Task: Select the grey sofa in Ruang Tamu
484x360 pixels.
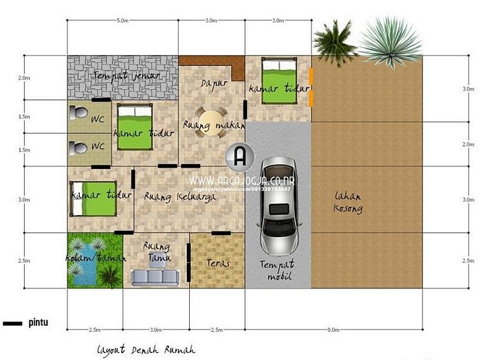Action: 155,276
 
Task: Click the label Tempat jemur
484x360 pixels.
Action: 122,74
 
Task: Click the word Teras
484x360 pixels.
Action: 217,262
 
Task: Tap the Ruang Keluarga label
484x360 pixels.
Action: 180,196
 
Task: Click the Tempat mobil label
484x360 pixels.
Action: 277,269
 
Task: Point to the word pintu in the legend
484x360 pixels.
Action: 38,322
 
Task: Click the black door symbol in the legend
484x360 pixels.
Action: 13,322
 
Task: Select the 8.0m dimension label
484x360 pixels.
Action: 333,330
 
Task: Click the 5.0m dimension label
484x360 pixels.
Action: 122,21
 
